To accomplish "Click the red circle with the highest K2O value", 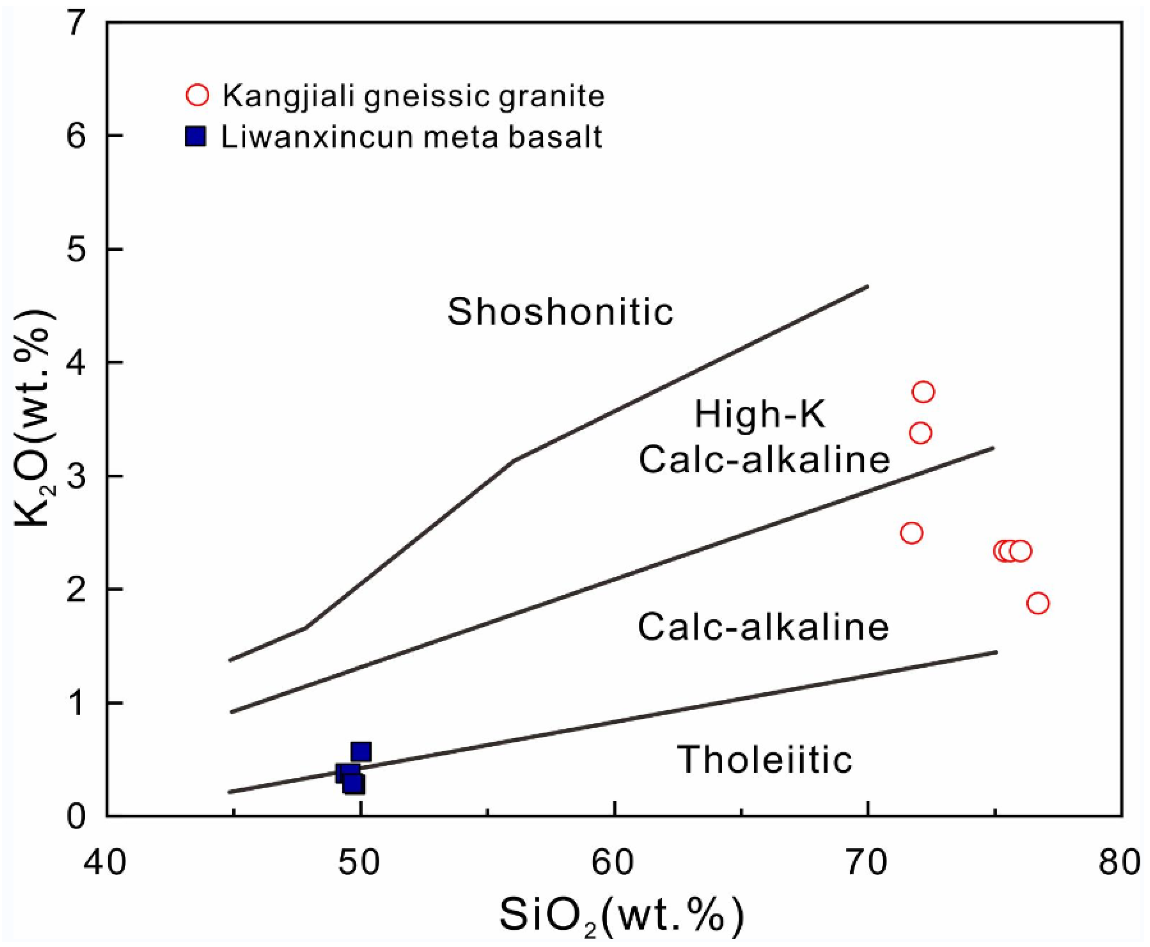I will pos(923,391).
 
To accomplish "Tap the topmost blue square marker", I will pos(361,752).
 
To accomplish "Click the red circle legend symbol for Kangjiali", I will pos(197,95).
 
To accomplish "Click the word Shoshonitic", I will pos(560,312).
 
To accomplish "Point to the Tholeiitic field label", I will pos(764,759).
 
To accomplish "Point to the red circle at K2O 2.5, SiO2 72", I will pos(911,533).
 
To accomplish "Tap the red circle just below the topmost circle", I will pos(920,433).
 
